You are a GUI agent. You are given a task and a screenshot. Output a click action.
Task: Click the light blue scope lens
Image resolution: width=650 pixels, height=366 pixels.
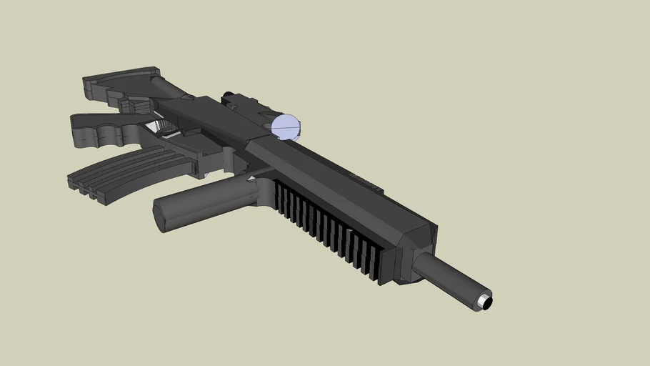(x=287, y=127)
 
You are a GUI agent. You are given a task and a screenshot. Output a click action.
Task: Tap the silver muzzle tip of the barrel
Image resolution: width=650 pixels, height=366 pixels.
(x=485, y=301)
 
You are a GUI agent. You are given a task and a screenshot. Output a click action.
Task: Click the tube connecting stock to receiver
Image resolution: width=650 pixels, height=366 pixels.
(x=171, y=89)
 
